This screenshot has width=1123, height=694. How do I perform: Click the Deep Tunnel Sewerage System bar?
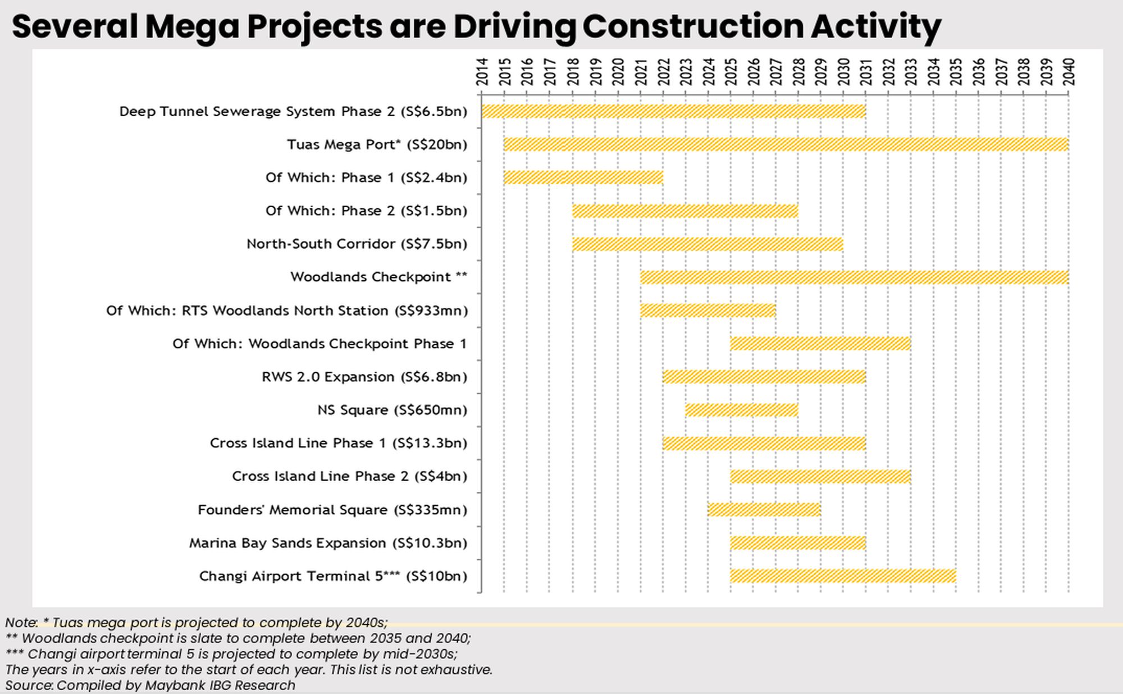tap(673, 111)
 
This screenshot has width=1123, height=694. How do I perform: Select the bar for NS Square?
tap(741, 410)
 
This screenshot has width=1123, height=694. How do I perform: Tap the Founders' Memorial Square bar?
tap(764, 510)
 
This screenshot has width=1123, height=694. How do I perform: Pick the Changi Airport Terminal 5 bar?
tap(842, 576)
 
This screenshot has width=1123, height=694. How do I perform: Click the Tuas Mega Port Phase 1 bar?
tap(583, 177)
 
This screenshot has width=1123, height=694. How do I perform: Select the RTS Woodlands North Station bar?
tap(707, 311)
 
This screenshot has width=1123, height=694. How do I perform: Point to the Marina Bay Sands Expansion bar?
tap(797, 543)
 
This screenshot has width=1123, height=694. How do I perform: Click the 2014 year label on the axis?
tap(482, 72)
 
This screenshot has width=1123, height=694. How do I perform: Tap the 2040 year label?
tap(1069, 72)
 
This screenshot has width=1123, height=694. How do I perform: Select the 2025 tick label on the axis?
tap(731, 72)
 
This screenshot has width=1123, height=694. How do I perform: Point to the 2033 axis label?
tap(911, 72)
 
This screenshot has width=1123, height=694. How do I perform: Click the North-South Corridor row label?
tap(357, 244)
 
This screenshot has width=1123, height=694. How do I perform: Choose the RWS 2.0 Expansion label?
tap(364, 377)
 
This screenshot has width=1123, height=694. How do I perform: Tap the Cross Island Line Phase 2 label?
tap(349, 476)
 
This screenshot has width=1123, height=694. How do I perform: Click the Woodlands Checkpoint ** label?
tap(378, 277)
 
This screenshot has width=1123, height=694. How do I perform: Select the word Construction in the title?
tap(692, 26)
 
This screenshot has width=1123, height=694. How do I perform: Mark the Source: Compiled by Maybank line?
tap(150, 685)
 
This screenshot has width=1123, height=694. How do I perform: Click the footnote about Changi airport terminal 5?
tap(231, 654)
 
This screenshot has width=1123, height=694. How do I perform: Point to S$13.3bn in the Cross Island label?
tap(430, 443)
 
